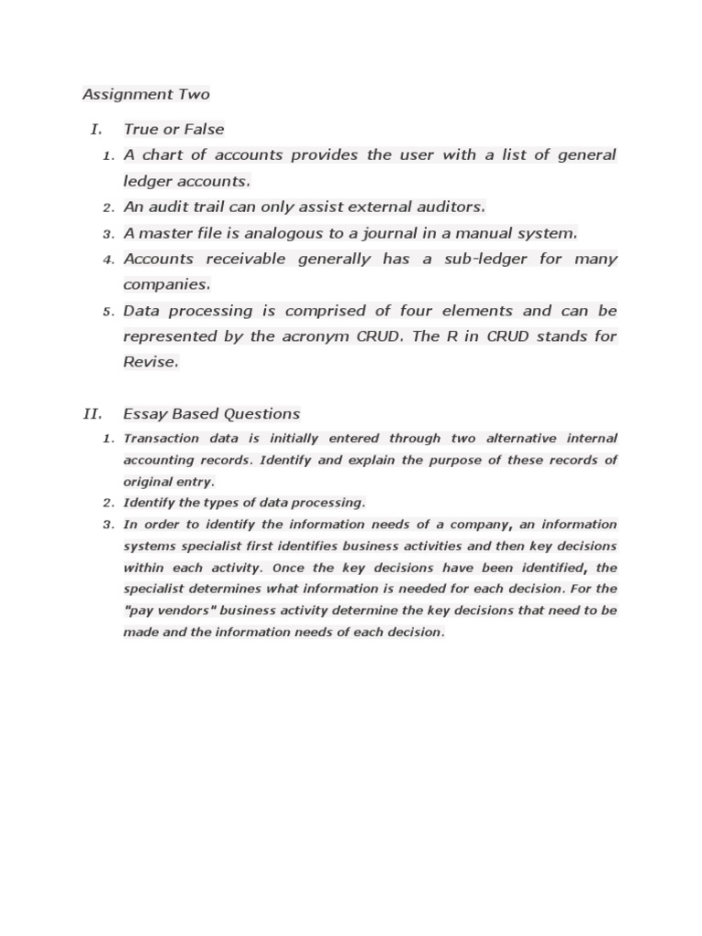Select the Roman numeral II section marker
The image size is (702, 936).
tap(91, 413)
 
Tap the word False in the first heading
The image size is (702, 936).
tap(204, 129)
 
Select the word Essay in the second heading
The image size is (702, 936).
tap(144, 413)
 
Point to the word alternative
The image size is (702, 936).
tap(519, 438)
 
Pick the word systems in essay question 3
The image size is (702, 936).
tap(149, 546)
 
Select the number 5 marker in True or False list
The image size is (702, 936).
tap(107, 312)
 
